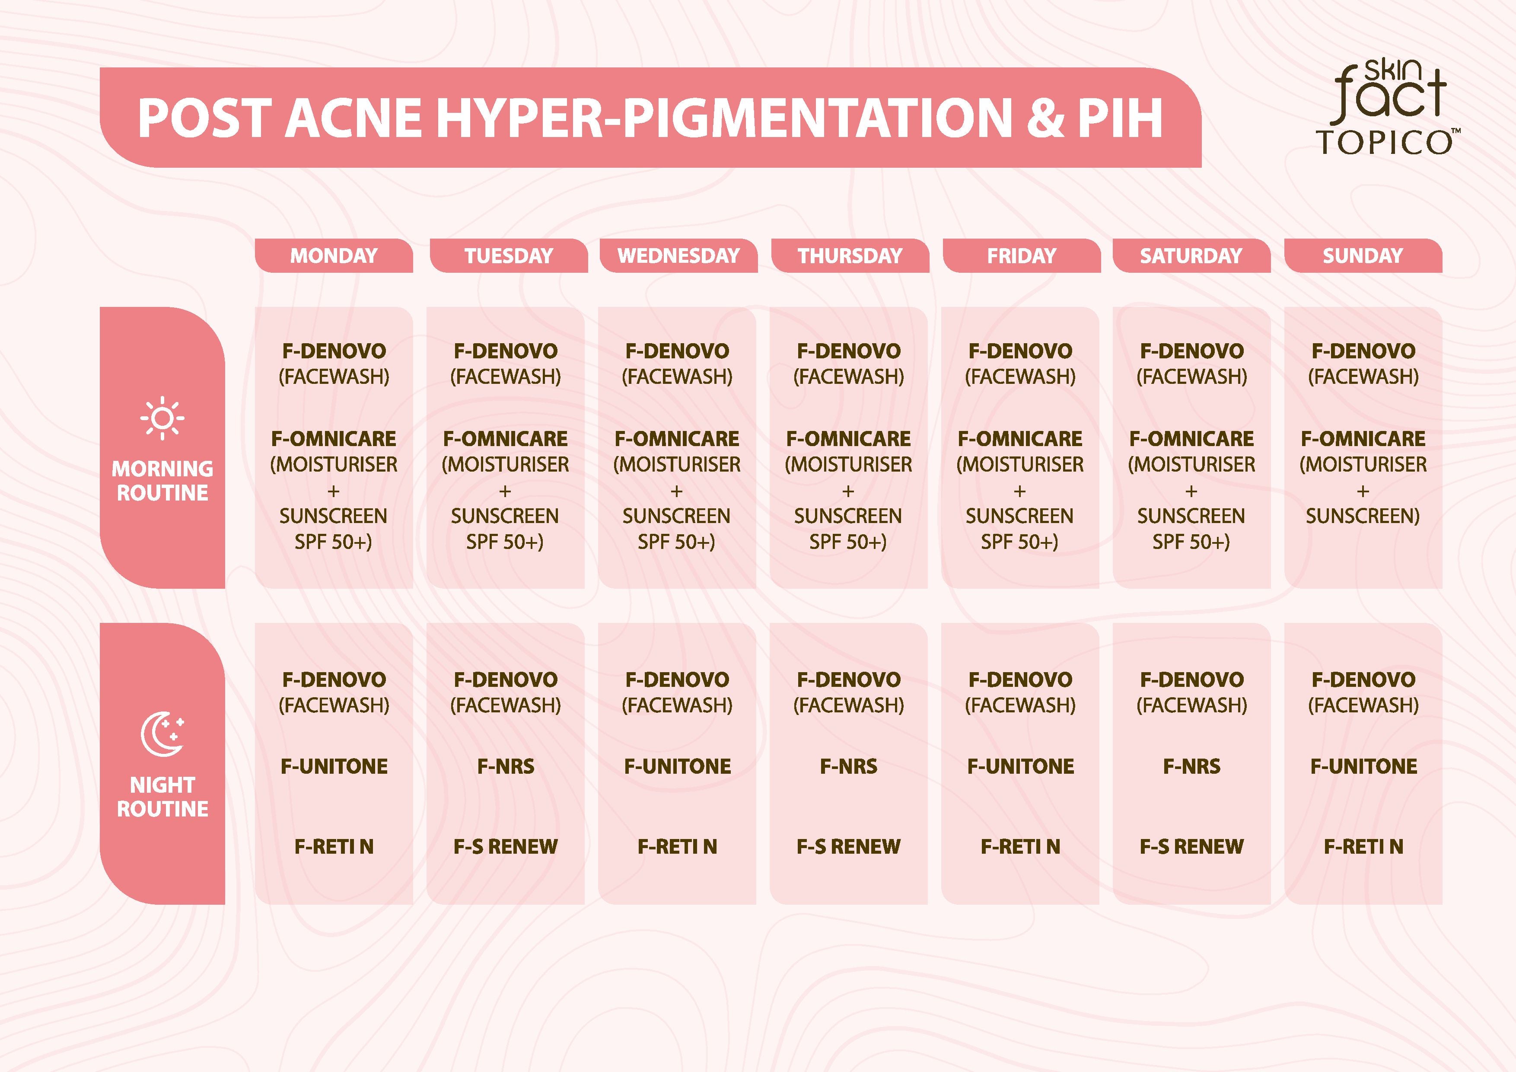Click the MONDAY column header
(x=334, y=255)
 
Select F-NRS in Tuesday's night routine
(x=506, y=766)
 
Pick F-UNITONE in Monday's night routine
(x=334, y=766)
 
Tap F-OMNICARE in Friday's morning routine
(x=1020, y=439)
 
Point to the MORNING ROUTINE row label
(x=162, y=480)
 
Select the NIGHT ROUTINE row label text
(x=162, y=797)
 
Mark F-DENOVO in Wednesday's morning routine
(x=678, y=351)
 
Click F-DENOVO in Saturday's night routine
(x=1192, y=679)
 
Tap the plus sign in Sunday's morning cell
(x=1363, y=491)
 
